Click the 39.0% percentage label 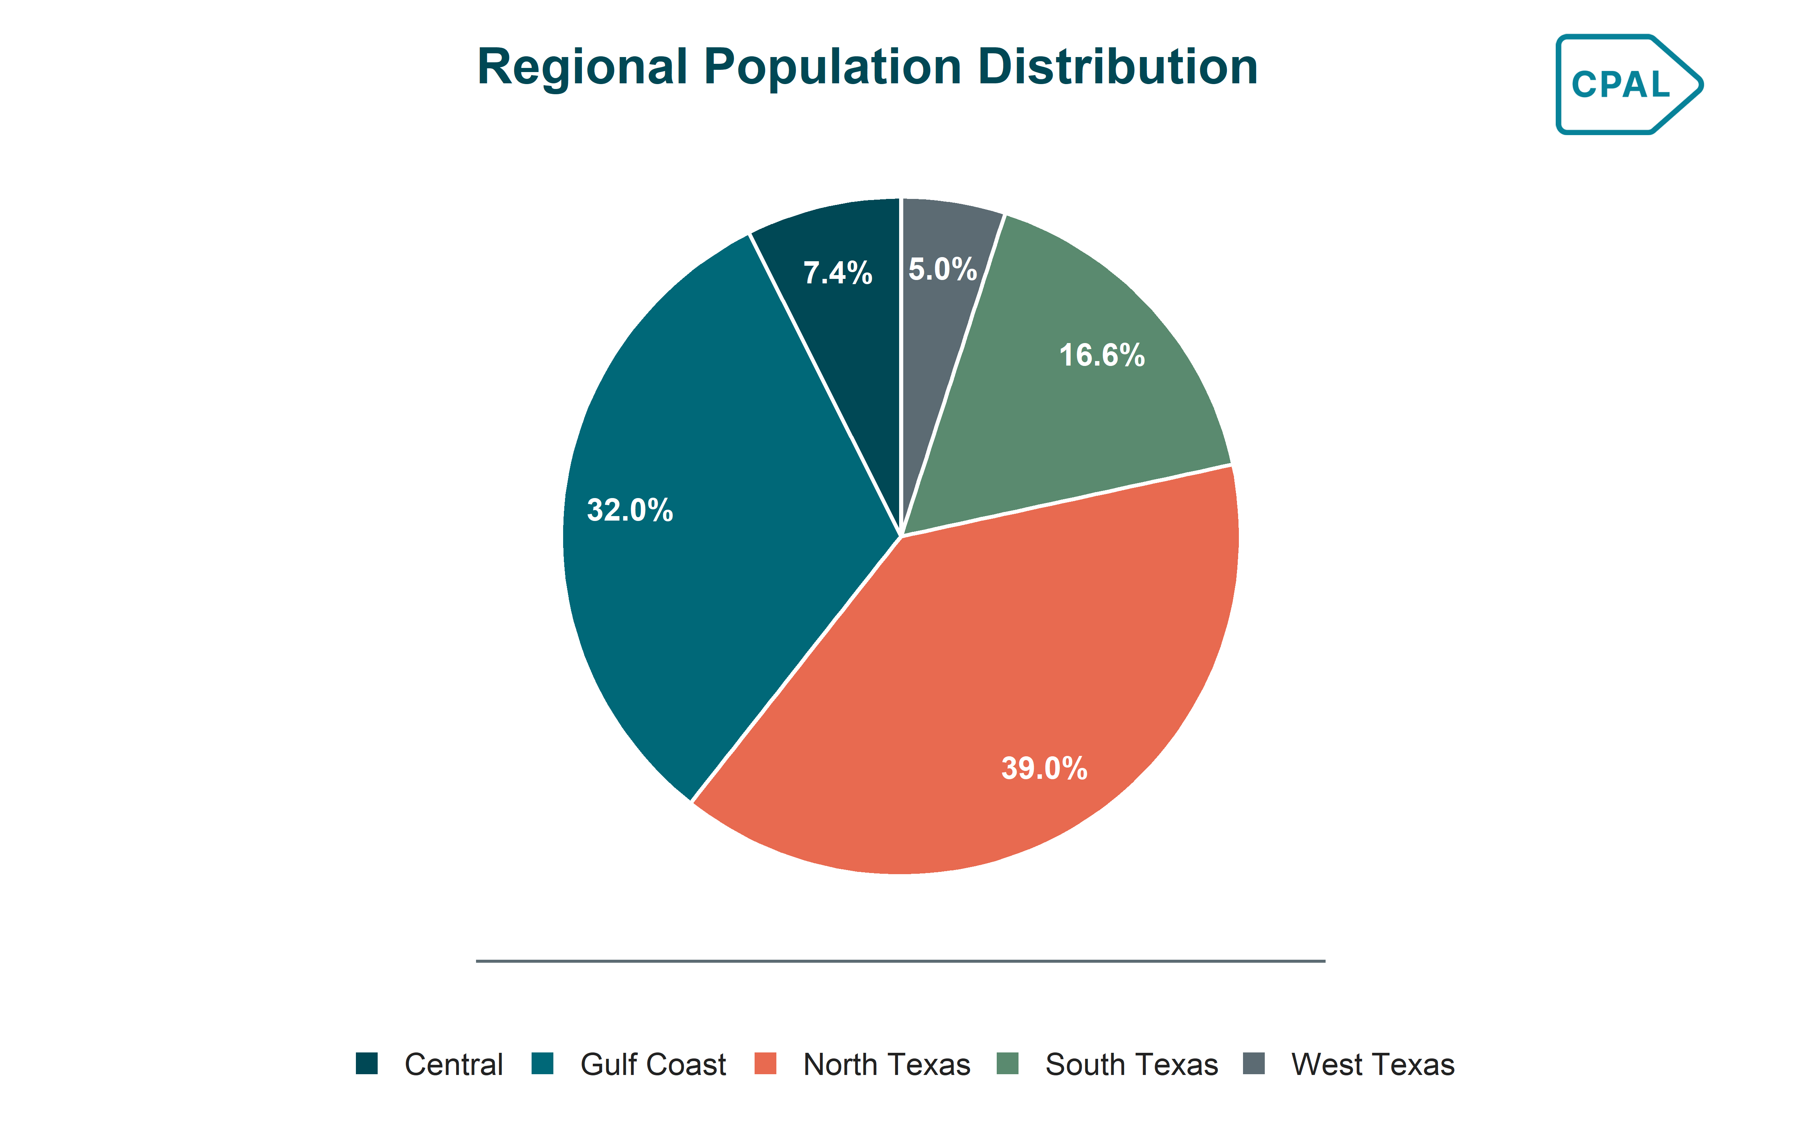pyautogui.click(x=1044, y=769)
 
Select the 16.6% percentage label pyautogui.click(x=1102, y=355)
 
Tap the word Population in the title pyautogui.click(x=833, y=67)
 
